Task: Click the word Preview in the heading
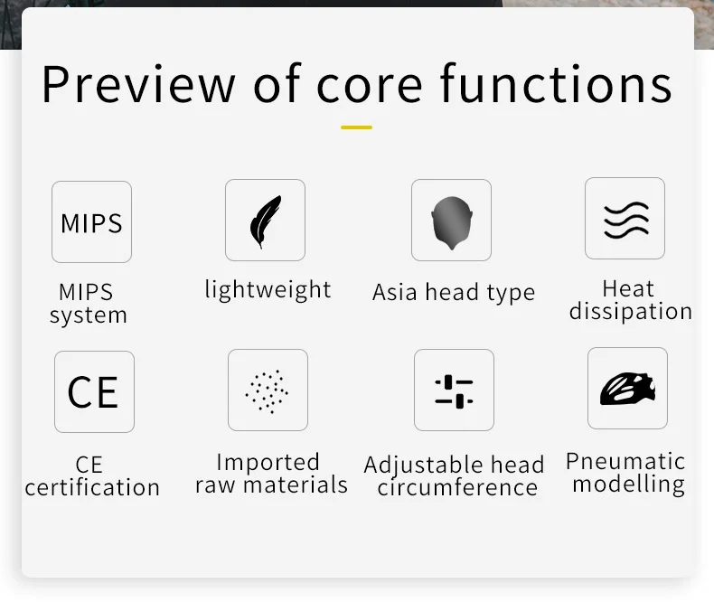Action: point(138,84)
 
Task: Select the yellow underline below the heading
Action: point(356,127)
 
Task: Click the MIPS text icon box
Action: point(91,221)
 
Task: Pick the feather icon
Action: point(265,221)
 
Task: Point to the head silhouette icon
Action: point(452,222)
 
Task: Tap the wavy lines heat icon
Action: point(626,220)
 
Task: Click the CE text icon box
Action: point(94,391)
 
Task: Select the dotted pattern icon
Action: point(267,391)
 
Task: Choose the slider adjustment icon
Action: point(454,391)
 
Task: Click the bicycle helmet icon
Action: point(627,389)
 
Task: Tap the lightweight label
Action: point(268,290)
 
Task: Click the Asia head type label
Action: point(454,292)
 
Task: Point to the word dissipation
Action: point(631,312)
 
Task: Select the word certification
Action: point(92,488)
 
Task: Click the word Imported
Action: point(268,463)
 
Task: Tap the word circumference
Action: point(457,488)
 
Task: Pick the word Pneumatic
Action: point(625,461)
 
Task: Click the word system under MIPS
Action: point(89,315)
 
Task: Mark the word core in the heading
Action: point(370,86)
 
